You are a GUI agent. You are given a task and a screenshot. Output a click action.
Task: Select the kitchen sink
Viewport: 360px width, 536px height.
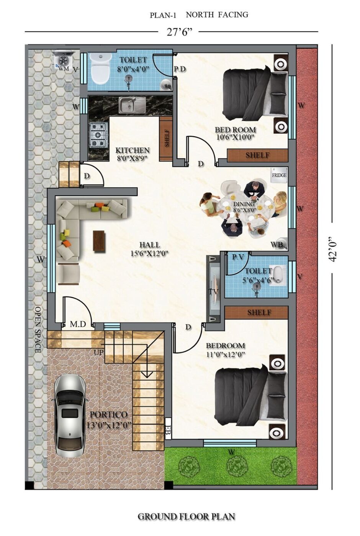click(x=132, y=105)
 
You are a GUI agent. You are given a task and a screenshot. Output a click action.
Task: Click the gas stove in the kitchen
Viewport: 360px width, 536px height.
click(x=98, y=135)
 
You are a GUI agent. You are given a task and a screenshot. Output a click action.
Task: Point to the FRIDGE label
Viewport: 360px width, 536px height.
click(x=279, y=175)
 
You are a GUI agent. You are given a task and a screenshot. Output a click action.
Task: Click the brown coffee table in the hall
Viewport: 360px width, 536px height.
click(x=99, y=240)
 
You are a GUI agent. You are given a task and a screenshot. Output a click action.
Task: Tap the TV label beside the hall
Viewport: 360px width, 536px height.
click(x=214, y=292)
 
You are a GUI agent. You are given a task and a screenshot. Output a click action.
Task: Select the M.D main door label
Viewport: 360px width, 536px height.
click(x=78, y=324)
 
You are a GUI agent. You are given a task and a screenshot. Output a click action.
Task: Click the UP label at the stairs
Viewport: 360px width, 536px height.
click(x=99, y=352)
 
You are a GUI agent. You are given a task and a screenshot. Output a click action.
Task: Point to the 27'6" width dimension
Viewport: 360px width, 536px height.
click(x=180, y=32)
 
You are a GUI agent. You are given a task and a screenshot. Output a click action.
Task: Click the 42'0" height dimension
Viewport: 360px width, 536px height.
click(x=333, y=250)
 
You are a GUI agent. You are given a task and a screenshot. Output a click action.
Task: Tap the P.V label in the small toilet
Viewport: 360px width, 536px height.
click(x=238, y=257)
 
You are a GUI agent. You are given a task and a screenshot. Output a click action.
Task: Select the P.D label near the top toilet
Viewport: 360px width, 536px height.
click(x=180, y=69)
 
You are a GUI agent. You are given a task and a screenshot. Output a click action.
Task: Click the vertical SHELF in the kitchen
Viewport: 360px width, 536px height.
click(x=166, y=138)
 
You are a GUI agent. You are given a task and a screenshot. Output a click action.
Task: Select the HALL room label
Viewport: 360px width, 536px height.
click(x=150, y=245)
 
